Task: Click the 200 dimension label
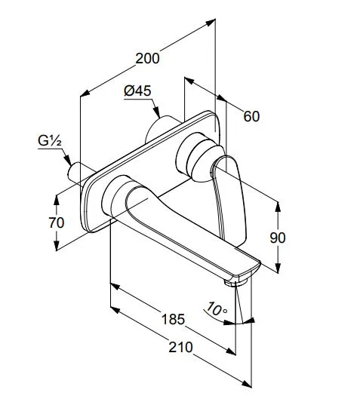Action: [147, 58]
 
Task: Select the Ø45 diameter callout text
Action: [137, 91]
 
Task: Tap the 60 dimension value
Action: [251, 116]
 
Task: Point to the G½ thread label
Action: [50, 141]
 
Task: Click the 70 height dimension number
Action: [57, 222]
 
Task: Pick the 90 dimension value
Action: [278, 238]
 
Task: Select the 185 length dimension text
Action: [173, 319]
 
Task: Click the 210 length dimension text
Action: [180, 348]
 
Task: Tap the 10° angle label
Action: [217, 308]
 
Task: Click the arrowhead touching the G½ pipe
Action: [68, 160]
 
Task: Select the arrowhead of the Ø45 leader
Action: [156, 113]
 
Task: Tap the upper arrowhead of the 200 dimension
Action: [211, 22]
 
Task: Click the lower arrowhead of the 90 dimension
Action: [278, 268]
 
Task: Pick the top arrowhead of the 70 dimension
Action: [57, 201]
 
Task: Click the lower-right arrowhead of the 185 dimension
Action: [231, 351]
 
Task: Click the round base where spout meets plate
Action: [114, 195]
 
